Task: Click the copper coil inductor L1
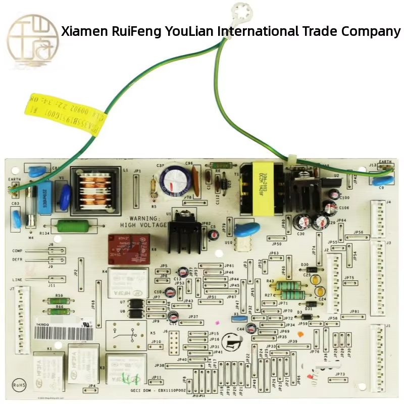point(95,188)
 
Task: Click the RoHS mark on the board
point(20,385)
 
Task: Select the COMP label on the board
point(18,250)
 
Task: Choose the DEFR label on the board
point(18,260)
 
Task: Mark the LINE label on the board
point(18,279)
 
